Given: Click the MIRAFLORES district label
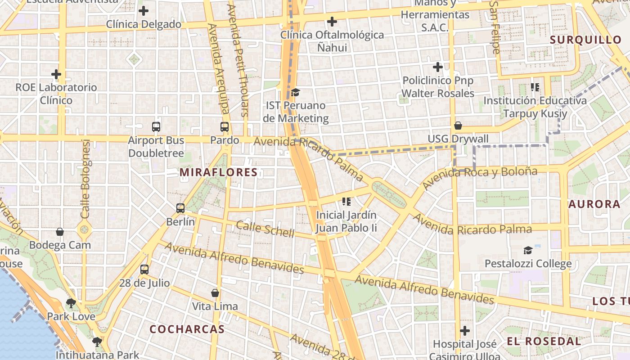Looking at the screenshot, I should pos(219,172).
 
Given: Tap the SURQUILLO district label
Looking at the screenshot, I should pos(585,40).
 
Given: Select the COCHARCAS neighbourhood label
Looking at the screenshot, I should pos(187,329).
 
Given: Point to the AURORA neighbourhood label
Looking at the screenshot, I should pos(594,204).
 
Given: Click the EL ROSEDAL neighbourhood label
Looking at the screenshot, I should pos(544,341).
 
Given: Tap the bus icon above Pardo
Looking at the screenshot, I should pos(225,127).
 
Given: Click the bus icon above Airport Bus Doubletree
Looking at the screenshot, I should pos(156,127).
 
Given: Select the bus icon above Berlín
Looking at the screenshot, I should pos(180,208).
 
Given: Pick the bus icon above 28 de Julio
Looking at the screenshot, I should pos(144,270).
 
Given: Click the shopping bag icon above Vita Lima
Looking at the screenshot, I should pos(215,293).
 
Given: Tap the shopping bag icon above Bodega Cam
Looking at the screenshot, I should pos(60,232).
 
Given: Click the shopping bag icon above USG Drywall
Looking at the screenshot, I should pos(458,126).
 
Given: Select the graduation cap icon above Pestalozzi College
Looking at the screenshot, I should pos(528,250).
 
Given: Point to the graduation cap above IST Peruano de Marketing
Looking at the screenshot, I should pos(295,92).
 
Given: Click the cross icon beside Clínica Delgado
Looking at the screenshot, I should pos(144,11).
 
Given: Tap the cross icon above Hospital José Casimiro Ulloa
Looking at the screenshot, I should pos(465,331).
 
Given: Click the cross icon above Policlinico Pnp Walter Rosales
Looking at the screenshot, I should pos(438,67).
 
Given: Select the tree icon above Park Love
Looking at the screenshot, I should pos(71,303).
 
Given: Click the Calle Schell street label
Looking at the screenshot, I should pos(265,229).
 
